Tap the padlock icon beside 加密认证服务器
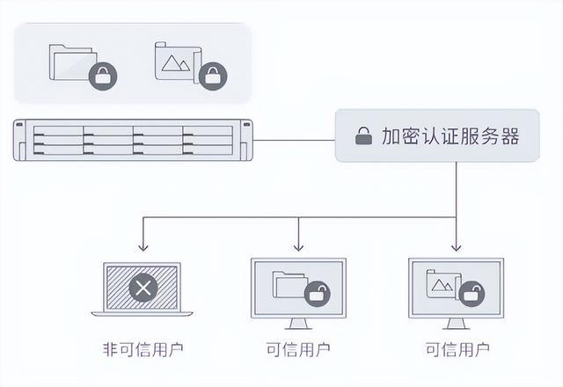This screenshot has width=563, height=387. pyautogui.click(x=362, y=136)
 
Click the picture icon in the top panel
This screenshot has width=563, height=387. pyautogui.click(x=176, y=62)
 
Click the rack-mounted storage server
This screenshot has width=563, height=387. pyautogui.click(x=133, y=140)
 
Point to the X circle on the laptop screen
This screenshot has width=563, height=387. pyautogui.click(x=143, y=287)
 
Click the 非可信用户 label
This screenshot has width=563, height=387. pyautogui.click(x=142, y=349)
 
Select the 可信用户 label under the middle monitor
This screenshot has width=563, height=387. pyautogui.click(x=298, y=349)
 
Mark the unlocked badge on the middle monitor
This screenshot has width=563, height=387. pyautogui.click(x=317, y=295)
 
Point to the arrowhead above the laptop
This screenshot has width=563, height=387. pyautogui.click(x=142, y=247)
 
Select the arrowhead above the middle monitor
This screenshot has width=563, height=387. pyautogui.click(x=298, y=247)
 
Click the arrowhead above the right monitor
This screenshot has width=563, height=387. pyautogui.click(x=456, y=247)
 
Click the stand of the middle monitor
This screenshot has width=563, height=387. pyautogui.click(x=298, y=323)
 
